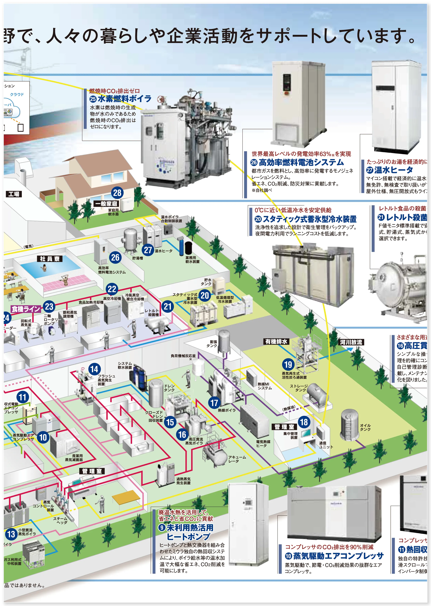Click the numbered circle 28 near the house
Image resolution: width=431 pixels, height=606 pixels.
pyautogui.click(x=117, y=193)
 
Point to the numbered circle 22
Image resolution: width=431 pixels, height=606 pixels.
pyautogui.click(x=112, y=289)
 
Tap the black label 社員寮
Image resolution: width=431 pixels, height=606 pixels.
pyautogui.click(x=50, y=259)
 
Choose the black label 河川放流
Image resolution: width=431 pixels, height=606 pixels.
pyautogui.click(x=351, y=342)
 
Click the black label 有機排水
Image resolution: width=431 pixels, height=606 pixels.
pyautogui.click(x=276, y=342)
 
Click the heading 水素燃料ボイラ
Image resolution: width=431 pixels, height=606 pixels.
pyautogui.click(x=125, y=99)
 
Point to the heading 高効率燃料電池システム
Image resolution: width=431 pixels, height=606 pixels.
pyautogui.click(x=301, y=162)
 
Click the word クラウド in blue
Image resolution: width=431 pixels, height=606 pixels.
pyautogui.click(x=17, y=94)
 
